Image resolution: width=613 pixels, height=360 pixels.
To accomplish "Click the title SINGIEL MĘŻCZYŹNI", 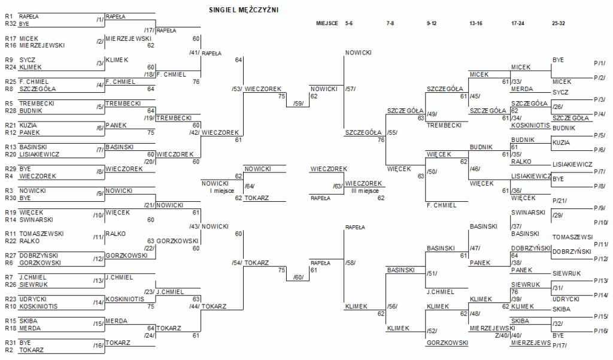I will pyautogui.click(x=244, y=10).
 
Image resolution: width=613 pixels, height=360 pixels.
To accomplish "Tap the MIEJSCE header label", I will pyautogui.click(x=327, y=23).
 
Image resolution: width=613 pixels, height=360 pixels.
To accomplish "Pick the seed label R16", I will pyautogui.click(x=10, y=45).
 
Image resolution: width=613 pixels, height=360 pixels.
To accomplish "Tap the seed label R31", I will pyautogui.click(x=10, y=343).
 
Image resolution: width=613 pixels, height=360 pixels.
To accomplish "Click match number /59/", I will pyautogui.click(x=298, y=103).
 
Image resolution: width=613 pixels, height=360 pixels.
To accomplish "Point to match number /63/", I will pyautogui.click(x=338, y=186).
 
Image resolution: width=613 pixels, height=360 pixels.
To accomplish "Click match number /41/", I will pyautogui.click(x=194, y=53).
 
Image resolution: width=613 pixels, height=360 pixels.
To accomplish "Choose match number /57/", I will pyautogui.click(x=350, y=89).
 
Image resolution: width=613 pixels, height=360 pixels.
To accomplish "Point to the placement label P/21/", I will pyautogui.click(x=560, y=200).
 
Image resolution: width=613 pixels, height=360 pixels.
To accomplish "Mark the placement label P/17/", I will pyautogui.click(x=560, y=346).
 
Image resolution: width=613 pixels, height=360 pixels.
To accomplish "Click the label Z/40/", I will pyautogui.click(x=502, y=335).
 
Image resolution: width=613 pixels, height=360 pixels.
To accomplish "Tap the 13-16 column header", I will pyautogui.click(x=477, y=23).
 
